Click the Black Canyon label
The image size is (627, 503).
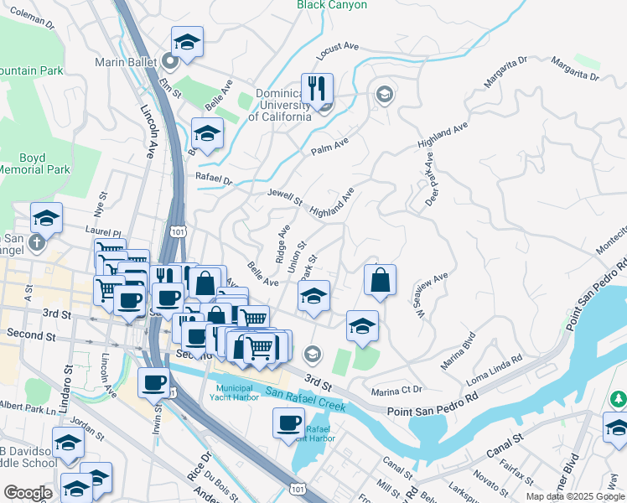[x=332, y=5]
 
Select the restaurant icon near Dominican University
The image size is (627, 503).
[x=317, y=88]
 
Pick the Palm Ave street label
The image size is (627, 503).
[x=329, y=148]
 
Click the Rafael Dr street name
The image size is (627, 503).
[x=214, y=179]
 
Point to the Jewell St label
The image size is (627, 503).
[x=284, y=197]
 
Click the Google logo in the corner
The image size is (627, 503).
[x=28, y=493]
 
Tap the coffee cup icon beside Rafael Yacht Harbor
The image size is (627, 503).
[x=288, y=423]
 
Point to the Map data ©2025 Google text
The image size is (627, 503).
[x=574, y=496]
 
